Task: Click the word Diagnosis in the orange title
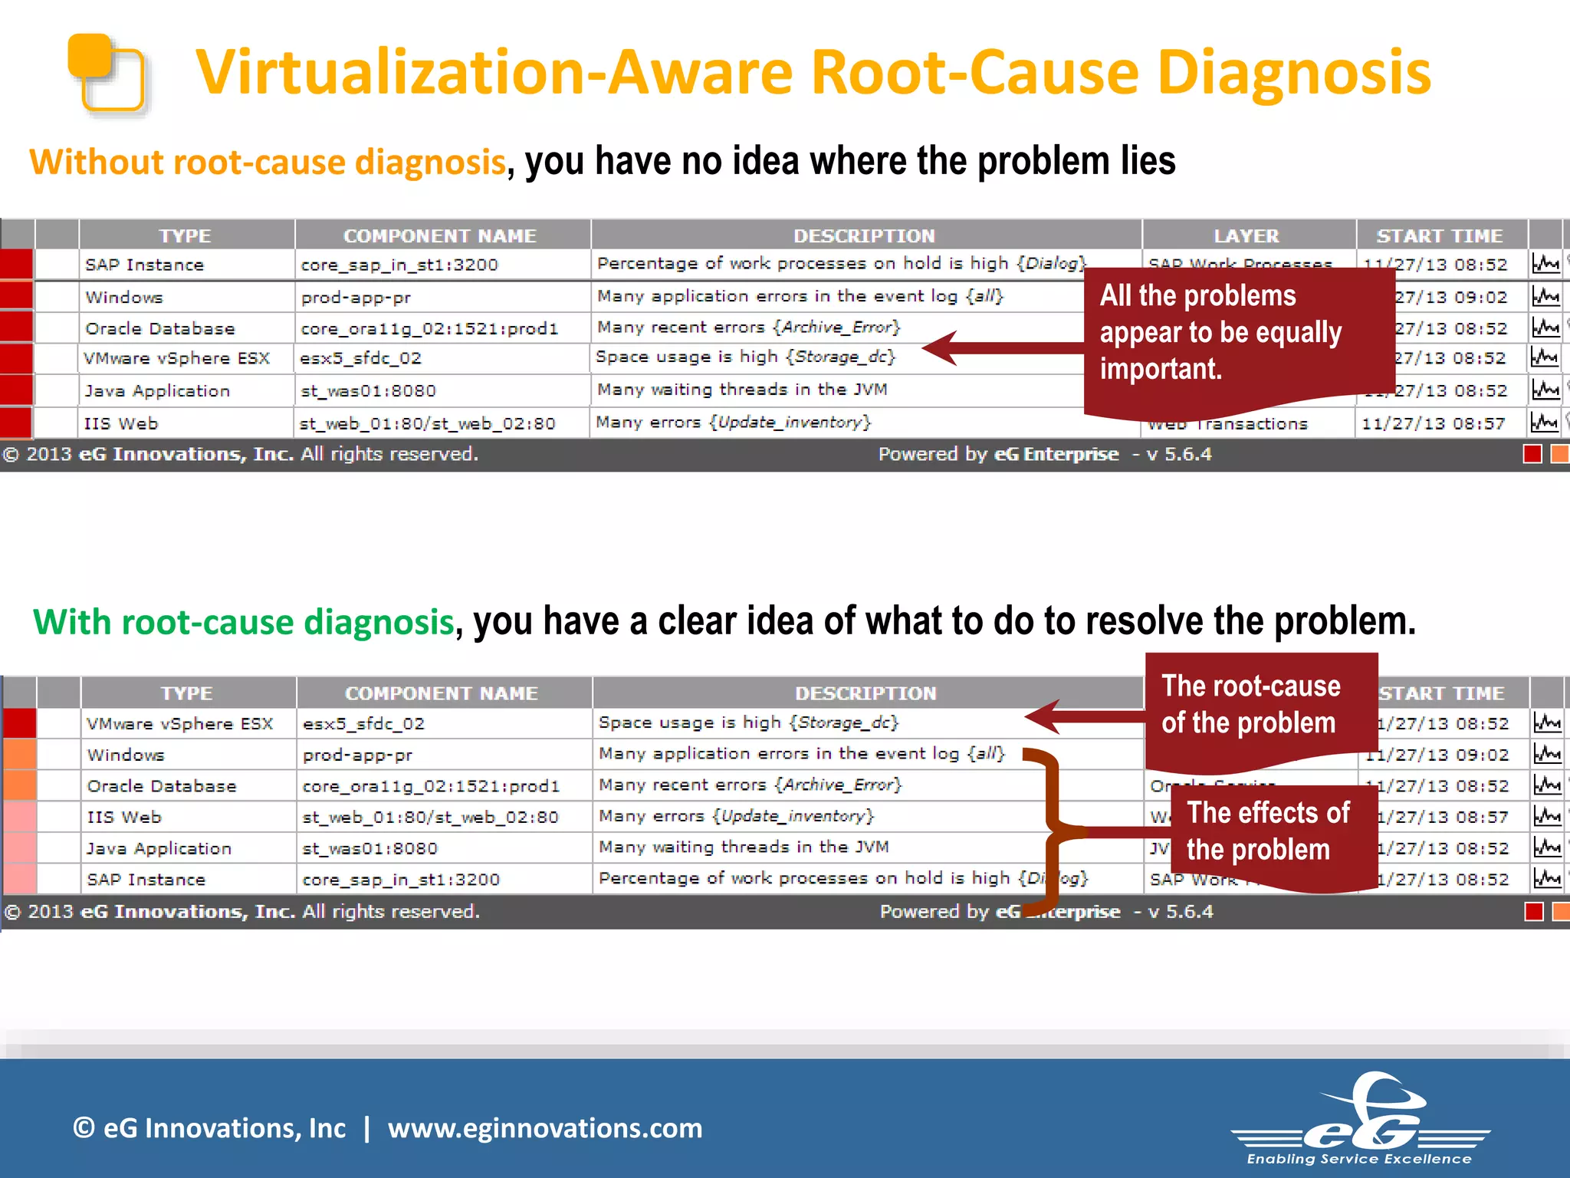point(1294,73)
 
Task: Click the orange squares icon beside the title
point(107,74)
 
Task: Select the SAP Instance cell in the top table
point(145,265)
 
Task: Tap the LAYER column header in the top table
point(1246,235)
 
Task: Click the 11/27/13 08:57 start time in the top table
point(1434,423)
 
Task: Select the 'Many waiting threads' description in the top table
point(742,390)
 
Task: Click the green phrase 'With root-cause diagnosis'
point(244,621)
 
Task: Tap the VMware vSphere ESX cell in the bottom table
point(180,724)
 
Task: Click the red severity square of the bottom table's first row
point(20,724)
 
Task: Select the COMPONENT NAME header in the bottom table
point(442,693)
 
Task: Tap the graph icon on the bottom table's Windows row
point(1547,755)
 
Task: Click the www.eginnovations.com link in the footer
point(545,1128)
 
